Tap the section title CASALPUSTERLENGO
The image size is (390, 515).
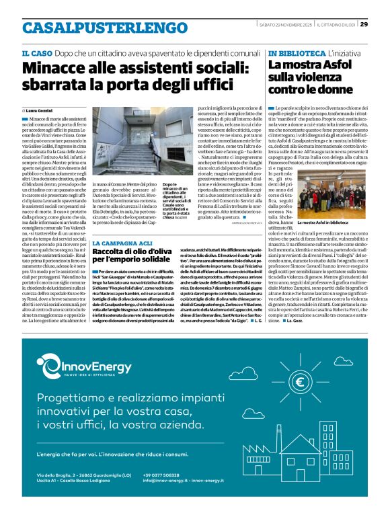(95, 28)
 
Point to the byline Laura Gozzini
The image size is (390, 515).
(44, 110)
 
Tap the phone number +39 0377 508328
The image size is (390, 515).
(165, 475)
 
